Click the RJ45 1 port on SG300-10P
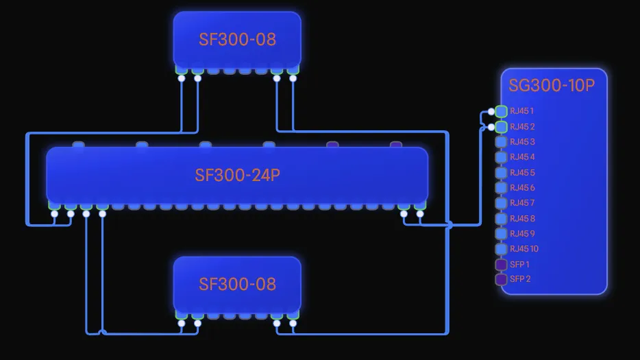(x=501, y=111)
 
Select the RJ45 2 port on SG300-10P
(x=501, y=127)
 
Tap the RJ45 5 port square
(x=501, y=173)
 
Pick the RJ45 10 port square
(x=501, y=249)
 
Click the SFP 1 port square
(x=501, y=264)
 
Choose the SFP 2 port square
(x=501, y=279)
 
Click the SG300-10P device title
(x=552, y=85)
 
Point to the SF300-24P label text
(x=237, y=175)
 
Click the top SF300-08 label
(x=237, y=39)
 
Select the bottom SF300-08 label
(x=237, y=284)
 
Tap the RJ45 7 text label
(x=522, y=203)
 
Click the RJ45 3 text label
(x=522, y=142)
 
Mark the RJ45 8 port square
(x=501, y=219)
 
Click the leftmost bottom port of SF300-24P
(x=54, y=205)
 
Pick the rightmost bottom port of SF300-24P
(x=420, y=205)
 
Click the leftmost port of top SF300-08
(x=182, y=69)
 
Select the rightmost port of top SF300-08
(x=293, y=69)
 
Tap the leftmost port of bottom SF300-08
(x=182, y=315)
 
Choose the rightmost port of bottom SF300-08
(x=293, y=315)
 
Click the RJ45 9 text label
(x=522, y=234)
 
